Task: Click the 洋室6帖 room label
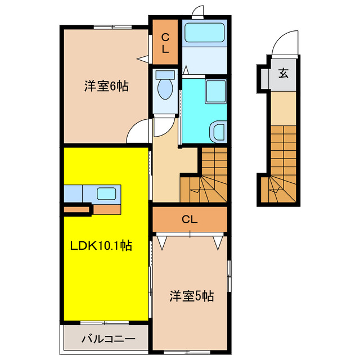pos(106,87)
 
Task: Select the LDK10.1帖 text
pos(101,246)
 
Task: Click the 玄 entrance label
pos(283,73)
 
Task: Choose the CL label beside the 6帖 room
pos(165,43)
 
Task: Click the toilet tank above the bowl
pos(165,74)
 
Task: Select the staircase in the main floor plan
pos(205,174)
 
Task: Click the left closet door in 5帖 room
pos(163,242)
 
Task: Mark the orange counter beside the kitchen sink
pos(107,209)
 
